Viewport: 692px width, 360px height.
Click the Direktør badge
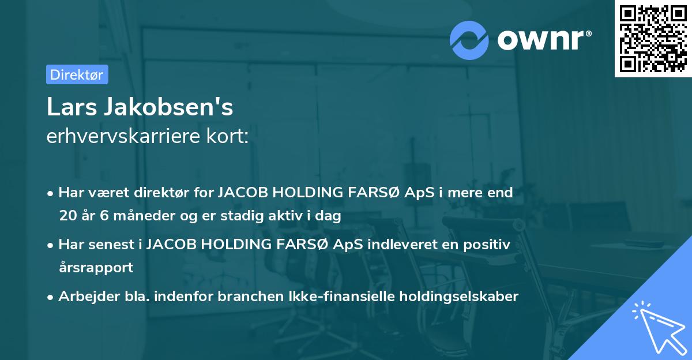[77, 74]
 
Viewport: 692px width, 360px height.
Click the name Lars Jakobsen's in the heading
[140, 107]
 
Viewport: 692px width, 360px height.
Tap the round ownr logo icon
[469, 40]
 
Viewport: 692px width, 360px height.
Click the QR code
[653, 38]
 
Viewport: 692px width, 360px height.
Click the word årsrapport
[96, 268]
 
